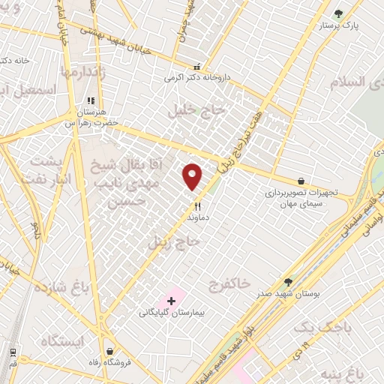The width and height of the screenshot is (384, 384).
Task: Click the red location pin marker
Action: [193, 176]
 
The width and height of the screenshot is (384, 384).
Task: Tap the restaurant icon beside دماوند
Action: [198, 205]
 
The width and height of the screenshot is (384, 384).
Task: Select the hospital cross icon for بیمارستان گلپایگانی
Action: [172, 301]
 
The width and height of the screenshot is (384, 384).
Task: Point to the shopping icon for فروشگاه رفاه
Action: [110, 350]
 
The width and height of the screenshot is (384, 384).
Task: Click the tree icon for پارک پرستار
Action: [338, 13]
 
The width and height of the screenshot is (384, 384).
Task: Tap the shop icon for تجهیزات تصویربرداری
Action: [301, 181]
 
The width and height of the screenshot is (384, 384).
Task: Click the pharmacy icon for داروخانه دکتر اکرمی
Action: [197, 66]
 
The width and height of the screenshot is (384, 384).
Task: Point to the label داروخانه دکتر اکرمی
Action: [199, 77]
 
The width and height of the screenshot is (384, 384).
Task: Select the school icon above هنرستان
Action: [90, 100]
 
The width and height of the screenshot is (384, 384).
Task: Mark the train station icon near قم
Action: [13, 352]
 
